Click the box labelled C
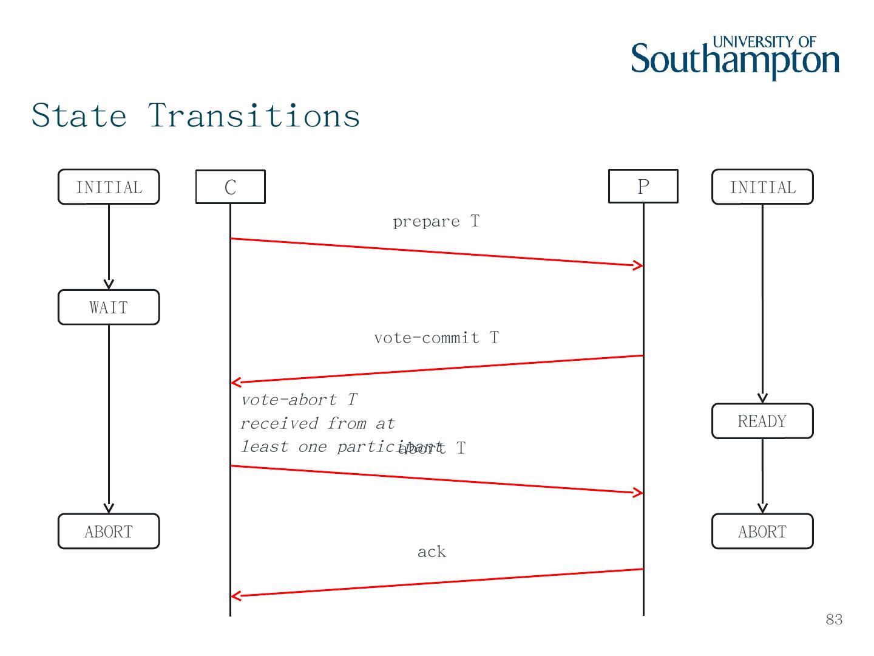[230, 186]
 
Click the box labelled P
[643, 186]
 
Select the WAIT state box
[109, 307]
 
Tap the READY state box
[762, 421]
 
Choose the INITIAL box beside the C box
[109, 187]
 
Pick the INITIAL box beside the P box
[762, 187]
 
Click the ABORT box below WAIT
[109, 531]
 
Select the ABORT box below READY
[762, 531]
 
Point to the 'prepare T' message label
[436, 221]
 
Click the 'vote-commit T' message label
[436, 338]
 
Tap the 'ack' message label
[432, 552]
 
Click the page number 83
[834, 619]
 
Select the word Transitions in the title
[254, 115]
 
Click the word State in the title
[80, 115]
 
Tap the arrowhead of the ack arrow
[235, 596]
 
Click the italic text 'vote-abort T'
[299, 400]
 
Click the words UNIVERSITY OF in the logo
[764, 42]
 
